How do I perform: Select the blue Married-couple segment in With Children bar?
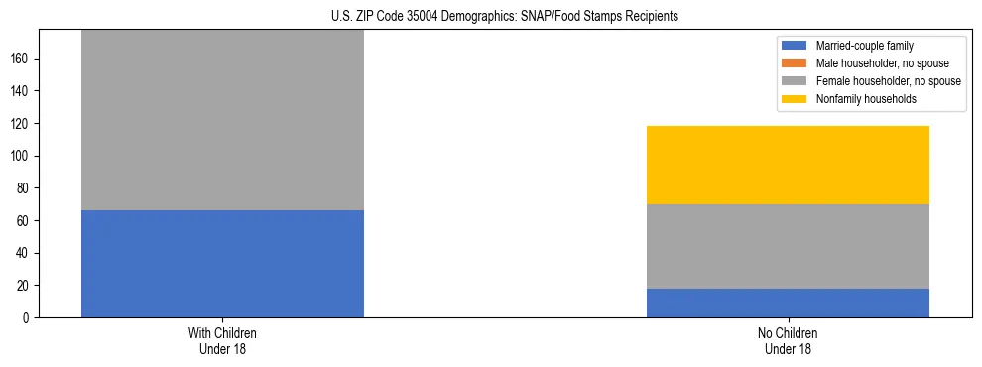coord(222,264)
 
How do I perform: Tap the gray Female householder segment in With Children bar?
coord(222,120)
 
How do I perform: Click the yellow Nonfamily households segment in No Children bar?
coord(788,165)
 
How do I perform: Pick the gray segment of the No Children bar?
coord(788,246)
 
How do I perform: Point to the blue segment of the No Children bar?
coord(788,303)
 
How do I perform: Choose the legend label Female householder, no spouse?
coord(888,81)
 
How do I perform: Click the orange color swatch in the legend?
coord(795,63)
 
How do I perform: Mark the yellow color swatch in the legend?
coord(795,99)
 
